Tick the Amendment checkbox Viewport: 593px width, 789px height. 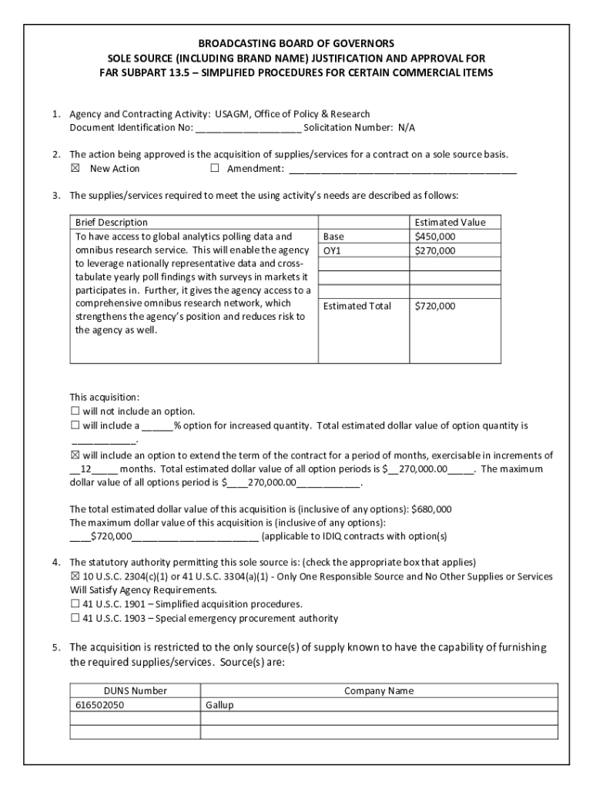tap(215, 169)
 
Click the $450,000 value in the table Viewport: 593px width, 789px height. tap(434, 237)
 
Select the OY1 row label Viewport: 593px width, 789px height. tap(332, 250)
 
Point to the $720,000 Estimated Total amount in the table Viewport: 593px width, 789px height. tap(434, 306)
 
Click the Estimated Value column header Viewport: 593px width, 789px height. tap(450, 222)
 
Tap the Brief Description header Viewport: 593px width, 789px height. tap(111, 222)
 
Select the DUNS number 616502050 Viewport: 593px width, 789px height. tap(99, 705)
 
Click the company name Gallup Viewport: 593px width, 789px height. tap(219, 705)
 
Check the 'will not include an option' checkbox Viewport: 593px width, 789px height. tap(75, 411)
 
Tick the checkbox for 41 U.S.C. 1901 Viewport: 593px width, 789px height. tap(75, 604)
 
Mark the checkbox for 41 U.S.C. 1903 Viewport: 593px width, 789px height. tap(75, 618)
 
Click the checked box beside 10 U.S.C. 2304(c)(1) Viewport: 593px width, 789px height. tap(75, 576)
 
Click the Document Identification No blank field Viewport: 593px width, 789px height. tap(248, 128)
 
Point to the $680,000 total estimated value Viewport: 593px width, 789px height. tap(431, 509)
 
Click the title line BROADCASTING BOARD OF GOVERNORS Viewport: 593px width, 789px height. tap(296, 44)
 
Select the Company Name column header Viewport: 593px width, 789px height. tap(378, 691)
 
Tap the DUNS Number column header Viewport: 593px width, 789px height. tap(136, 691)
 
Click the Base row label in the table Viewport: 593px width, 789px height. tap(333, 237)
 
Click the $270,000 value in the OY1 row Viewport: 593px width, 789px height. tap(434, 250)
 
